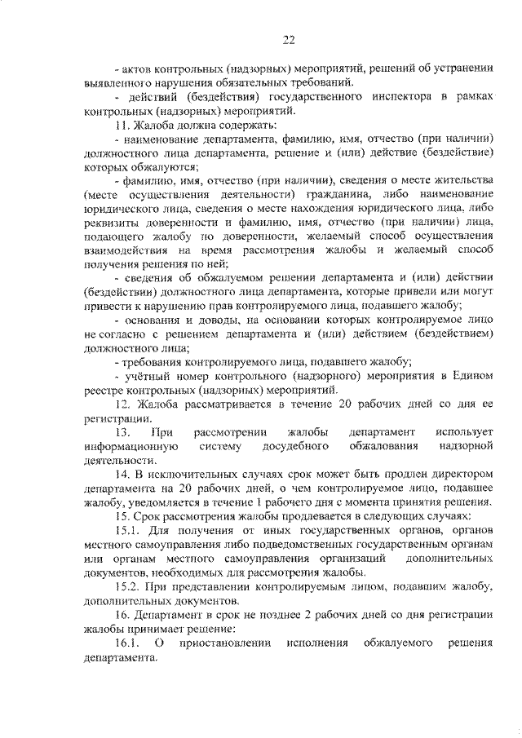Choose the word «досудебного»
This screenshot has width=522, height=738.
coord(295,446)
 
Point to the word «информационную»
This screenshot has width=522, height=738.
coord(130,446)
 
